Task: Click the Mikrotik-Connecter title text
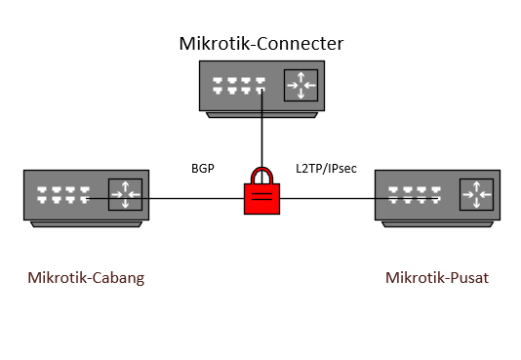tap(260, 44)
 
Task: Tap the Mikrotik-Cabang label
tap(86, 278)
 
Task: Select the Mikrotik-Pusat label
tap(436, 278)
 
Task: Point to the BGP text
tap(203, 169)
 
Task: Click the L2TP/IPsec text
tap(326, 169)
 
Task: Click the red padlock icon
tap(260, 195)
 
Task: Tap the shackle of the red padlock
tap(260, 176)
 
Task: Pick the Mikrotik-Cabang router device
tap(86, 196)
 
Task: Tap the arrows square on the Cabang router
tap(126, 195)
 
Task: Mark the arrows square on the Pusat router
tap(476, 195)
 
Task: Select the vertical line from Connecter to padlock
tap(261, 137)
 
